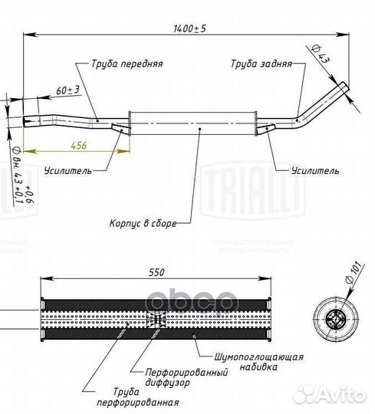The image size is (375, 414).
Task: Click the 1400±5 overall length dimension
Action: (x=189, y=28)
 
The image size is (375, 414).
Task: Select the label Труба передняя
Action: (x=127, y=64)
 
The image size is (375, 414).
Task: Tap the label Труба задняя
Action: (x=262, y=64)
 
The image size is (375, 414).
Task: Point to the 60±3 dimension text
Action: (x=67, y=90)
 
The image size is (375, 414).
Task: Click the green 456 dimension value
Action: (x=79, y=146)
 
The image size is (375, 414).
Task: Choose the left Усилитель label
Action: (x=68, y=171)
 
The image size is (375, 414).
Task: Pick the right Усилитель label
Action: (x=315, y=171)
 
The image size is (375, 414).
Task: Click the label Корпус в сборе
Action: (x=143, y=224)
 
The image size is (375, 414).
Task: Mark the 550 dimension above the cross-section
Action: (x=156, y=272)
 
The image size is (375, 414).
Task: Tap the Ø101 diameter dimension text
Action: (x=354, y=272)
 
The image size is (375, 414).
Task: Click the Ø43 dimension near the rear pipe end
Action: (x=321, y=54)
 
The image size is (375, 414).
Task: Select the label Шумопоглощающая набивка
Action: (x=258, y=362)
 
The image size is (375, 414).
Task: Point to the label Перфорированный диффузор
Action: (x=186, y=377)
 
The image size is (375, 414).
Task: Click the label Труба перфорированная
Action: (x=138, y=397)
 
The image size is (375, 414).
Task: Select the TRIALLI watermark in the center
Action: (x=253, y=191)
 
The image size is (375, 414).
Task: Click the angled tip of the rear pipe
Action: (x=344, y=87)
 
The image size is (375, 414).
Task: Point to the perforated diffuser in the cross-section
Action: (x=156, y=320)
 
